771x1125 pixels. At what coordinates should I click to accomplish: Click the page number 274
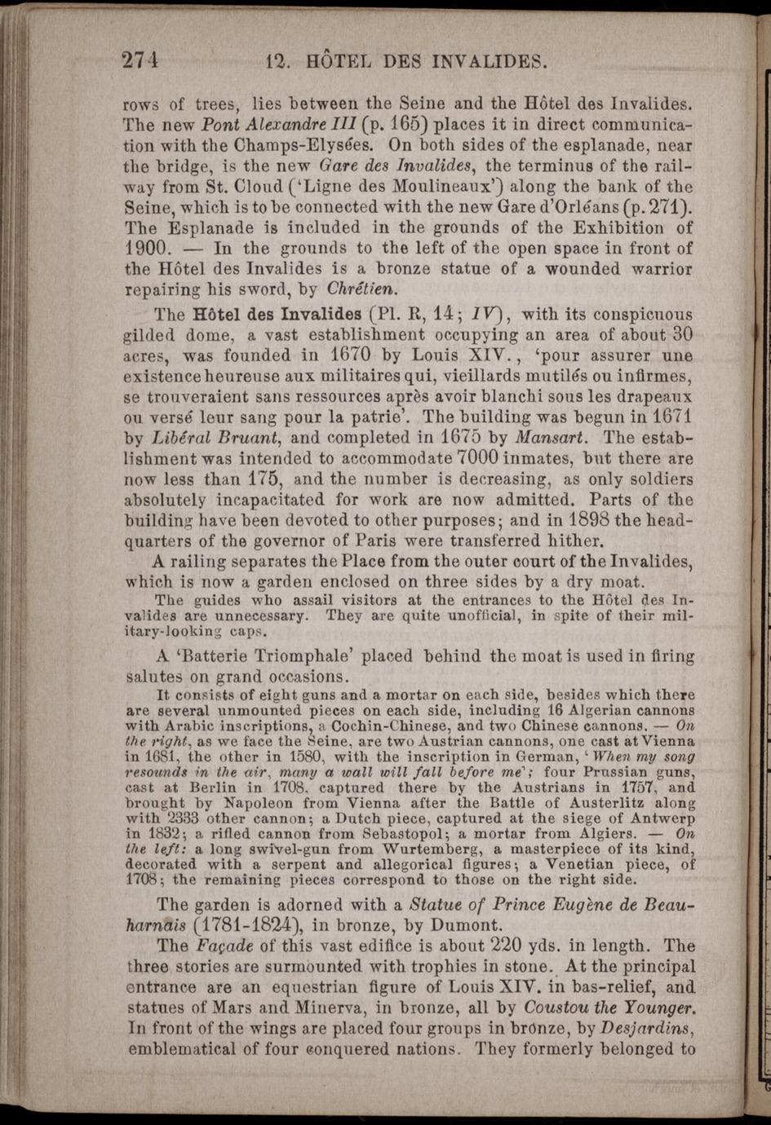click(x=140, y=60)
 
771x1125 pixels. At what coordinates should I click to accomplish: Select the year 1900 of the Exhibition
click(x=145, y=248)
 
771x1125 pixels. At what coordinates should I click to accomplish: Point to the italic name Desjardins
click(x=647, y=1028)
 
